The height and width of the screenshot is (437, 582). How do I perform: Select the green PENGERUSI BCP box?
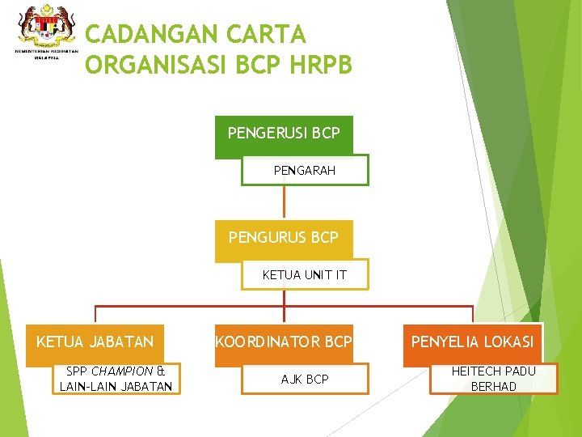284,133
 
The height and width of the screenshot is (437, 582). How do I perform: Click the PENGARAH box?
305,171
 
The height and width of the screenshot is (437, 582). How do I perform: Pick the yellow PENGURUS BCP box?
284,238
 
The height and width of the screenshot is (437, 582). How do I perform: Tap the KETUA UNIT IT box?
305,275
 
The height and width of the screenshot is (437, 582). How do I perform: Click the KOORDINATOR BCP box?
284,342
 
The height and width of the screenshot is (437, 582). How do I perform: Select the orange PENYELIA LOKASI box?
472,342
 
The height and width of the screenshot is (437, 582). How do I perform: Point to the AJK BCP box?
305,379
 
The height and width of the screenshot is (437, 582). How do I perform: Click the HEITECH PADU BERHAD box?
494,379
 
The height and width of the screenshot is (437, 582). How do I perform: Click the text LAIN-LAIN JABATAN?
116,387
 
